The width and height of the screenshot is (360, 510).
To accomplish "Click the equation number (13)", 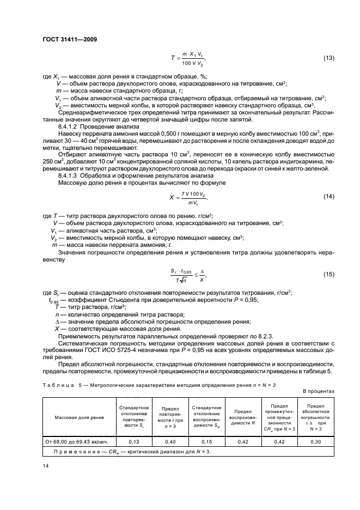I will point(329,58).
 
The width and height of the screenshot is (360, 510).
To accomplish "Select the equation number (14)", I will point(329,196).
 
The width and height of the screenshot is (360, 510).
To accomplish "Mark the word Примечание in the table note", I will point(75,452).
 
